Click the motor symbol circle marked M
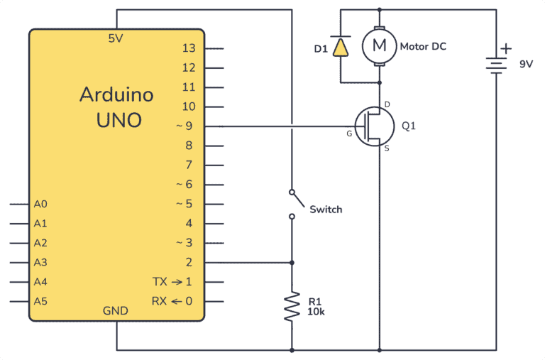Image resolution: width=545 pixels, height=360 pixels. (x=380, y=46)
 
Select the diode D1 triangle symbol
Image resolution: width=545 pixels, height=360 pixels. (x=341, y=47)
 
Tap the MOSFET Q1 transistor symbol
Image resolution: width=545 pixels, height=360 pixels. (x=374, y=126)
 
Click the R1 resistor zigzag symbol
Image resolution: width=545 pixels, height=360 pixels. (x=292, y=307)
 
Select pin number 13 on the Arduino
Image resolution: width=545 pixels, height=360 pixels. (x=188, y=48)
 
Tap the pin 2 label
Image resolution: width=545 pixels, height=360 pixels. (x=189, y=262)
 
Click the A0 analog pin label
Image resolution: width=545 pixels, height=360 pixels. (x=40, y=204)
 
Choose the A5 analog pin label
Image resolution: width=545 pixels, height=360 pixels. (x=40, y=301)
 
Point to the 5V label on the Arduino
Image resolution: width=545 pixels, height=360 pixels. (x=116, y=38)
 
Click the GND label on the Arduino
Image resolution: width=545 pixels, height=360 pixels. (x=116, y=311)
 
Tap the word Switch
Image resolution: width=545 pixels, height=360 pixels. (x=326, y=209)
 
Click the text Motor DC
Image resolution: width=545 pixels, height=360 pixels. (x=424, y=47)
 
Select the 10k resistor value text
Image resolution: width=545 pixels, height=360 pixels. (x=316, y=312)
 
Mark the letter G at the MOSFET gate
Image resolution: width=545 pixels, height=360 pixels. (x=348, y=133)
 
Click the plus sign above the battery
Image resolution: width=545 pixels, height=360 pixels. (x=505, y=48)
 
